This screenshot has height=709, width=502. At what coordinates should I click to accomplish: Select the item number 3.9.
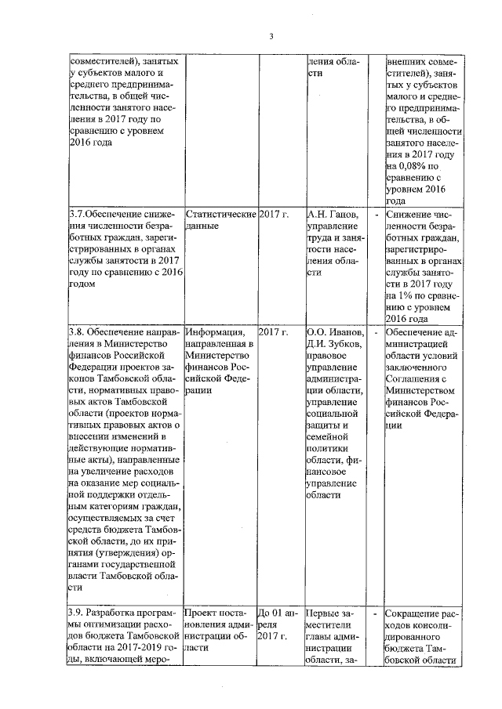pyautogui.click(x=77, y=611)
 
